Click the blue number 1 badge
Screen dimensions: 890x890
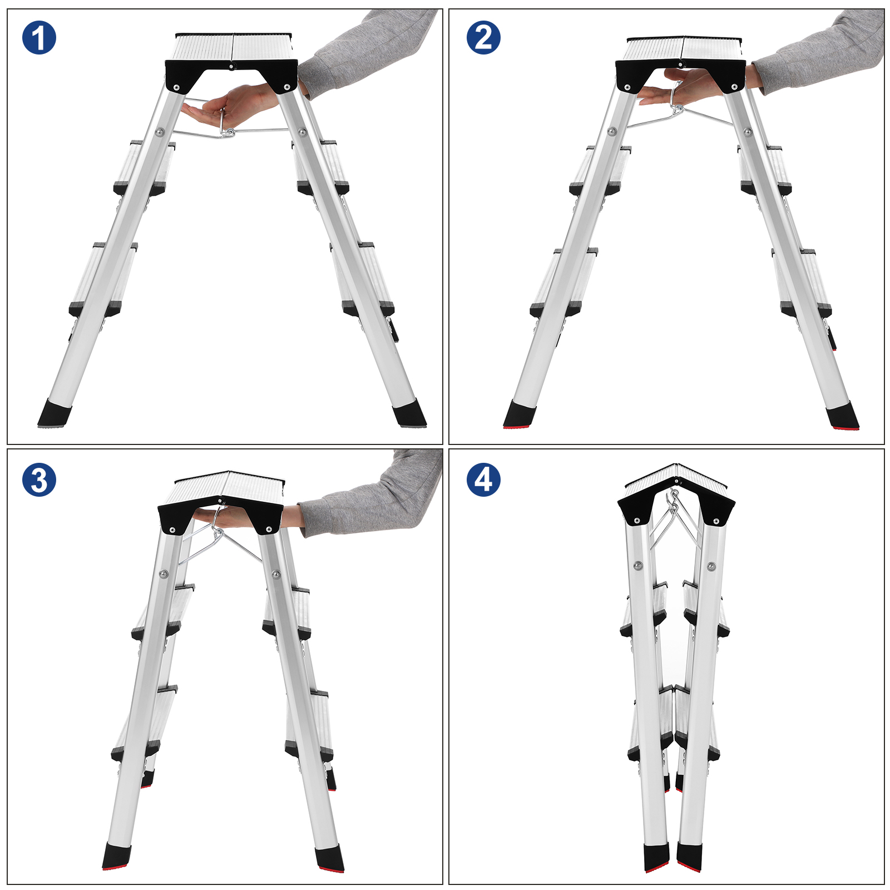39,38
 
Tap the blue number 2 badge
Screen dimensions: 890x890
483,38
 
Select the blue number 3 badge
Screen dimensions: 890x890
39,479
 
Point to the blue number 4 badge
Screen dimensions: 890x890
483,479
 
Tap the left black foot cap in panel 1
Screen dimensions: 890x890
55,414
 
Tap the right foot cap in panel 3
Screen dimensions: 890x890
329,859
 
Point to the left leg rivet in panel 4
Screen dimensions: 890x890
638,566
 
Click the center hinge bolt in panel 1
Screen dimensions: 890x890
231,66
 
